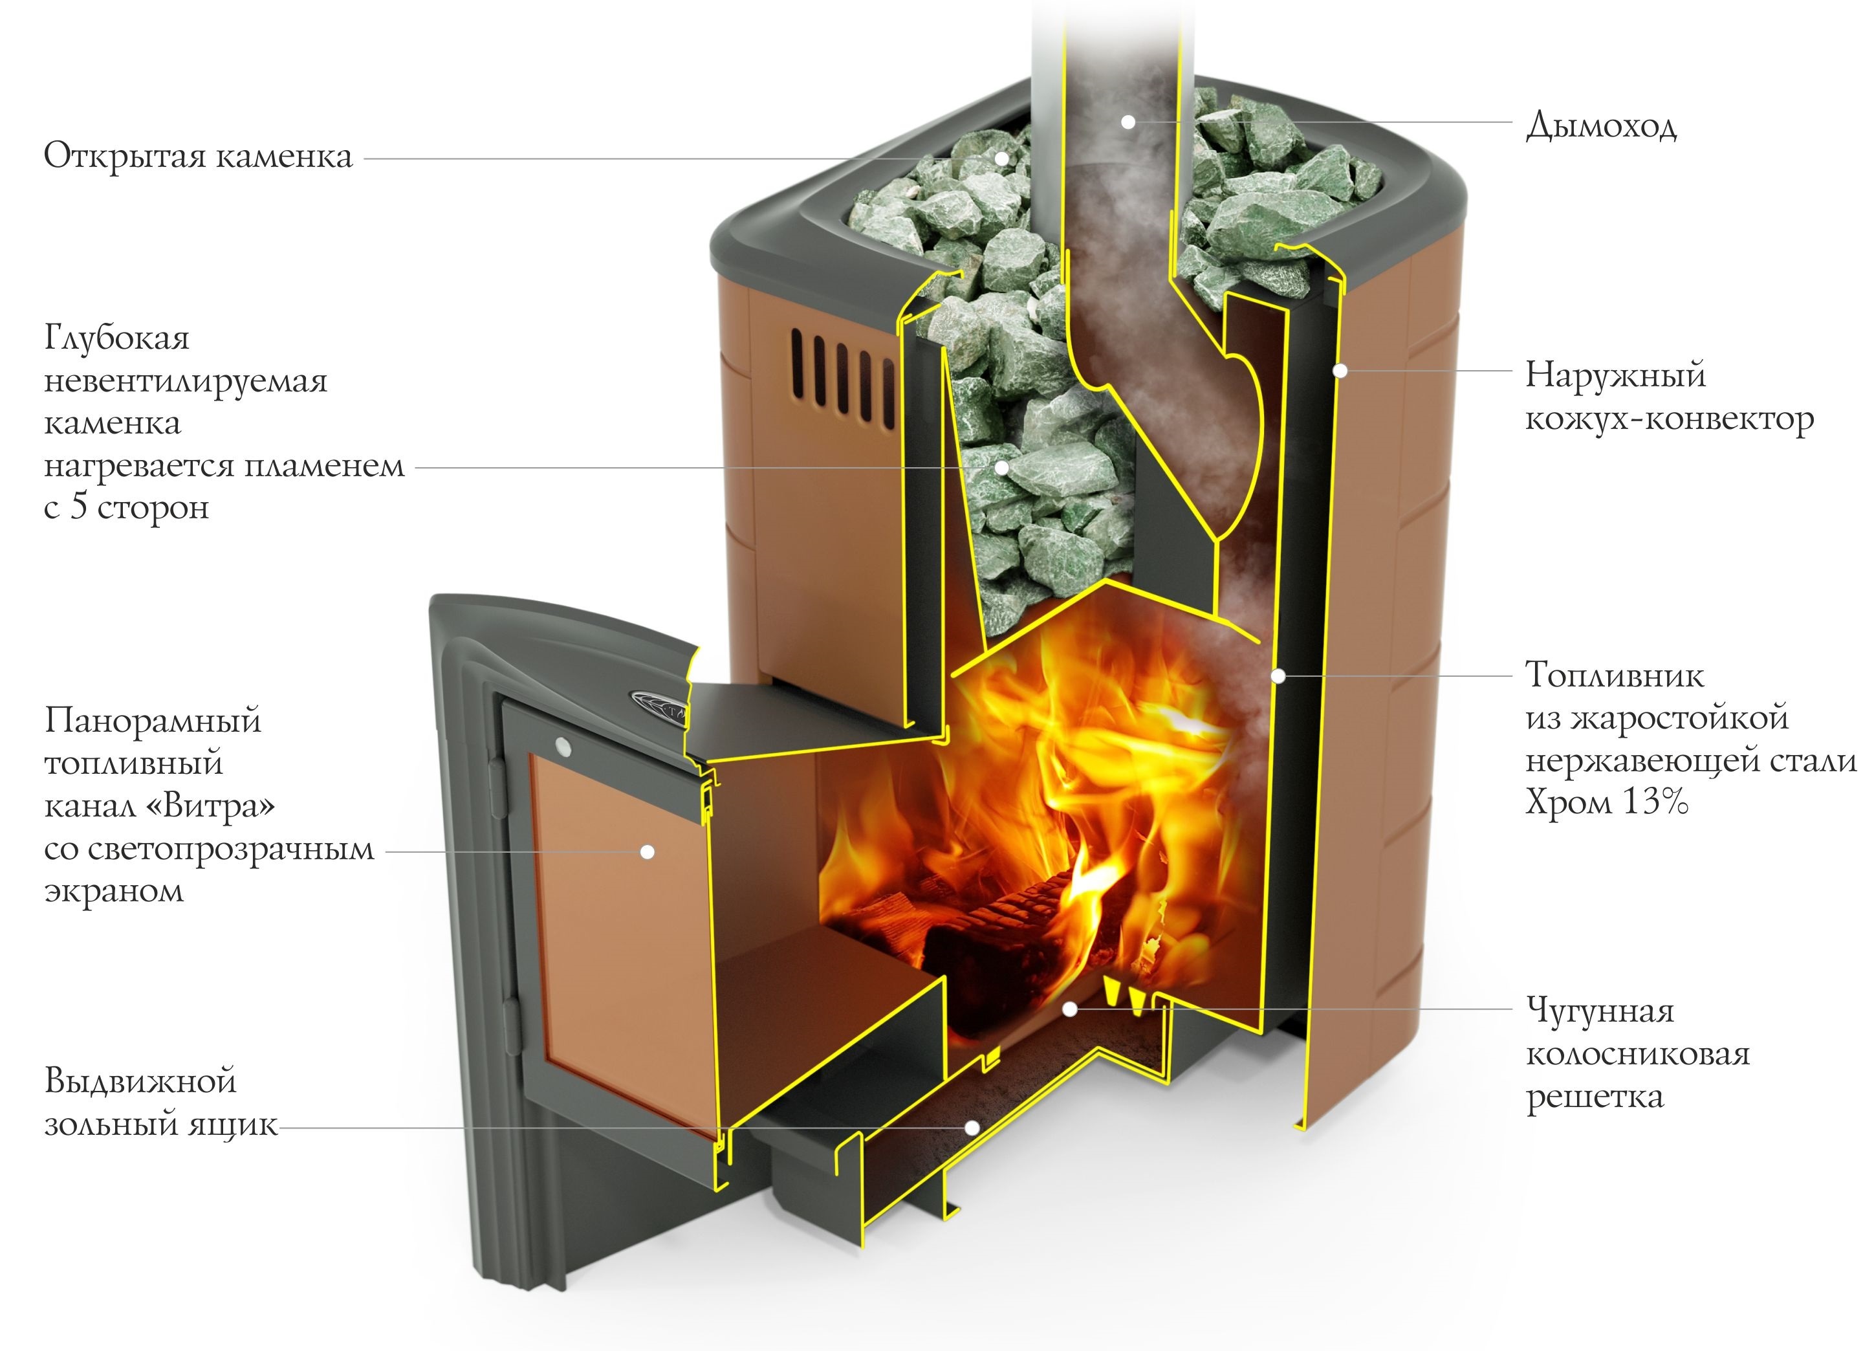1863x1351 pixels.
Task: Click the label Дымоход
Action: (1600, 127)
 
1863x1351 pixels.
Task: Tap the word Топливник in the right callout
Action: (1614, 675)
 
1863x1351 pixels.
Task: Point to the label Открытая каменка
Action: (198, 156)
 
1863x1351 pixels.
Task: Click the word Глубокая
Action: (116, 338)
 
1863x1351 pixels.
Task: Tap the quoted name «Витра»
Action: (210, 806)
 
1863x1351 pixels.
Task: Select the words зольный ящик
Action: (161, 1124)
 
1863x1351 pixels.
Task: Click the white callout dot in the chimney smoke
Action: (1129, 122)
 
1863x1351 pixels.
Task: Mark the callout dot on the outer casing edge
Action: (1340, 371)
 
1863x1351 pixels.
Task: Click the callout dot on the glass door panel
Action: (648, 852)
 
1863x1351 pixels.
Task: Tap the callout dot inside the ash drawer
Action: (972, 1128)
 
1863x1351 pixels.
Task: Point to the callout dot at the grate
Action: (1069, 1008)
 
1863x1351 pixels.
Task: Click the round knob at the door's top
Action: (563, 746)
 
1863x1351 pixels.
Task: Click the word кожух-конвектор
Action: (1669, 420)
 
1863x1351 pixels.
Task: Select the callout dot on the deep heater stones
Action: (1001, 468)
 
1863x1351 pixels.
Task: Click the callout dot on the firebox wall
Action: (1278, 676)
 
